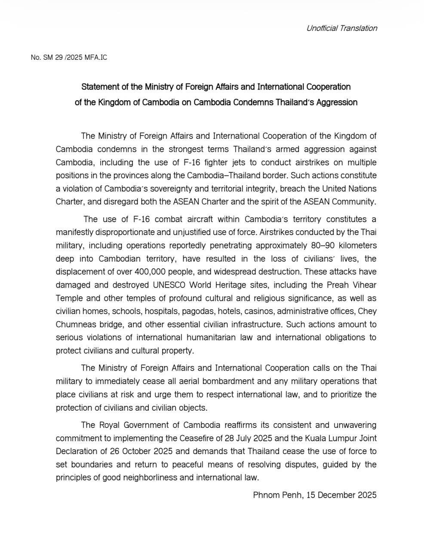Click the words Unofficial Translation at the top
(341, 28)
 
